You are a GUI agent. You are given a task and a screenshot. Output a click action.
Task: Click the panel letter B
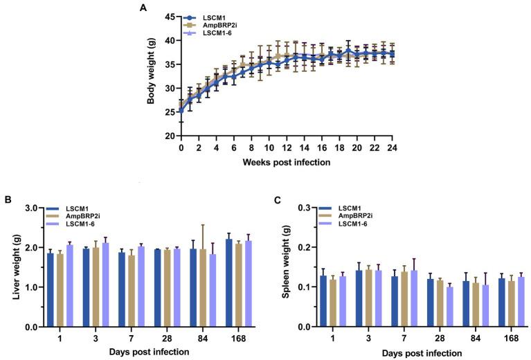point(6,201)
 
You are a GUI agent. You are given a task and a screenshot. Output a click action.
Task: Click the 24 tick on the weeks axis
point(394,147)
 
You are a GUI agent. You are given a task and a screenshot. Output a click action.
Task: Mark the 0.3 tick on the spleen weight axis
point(303,208)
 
